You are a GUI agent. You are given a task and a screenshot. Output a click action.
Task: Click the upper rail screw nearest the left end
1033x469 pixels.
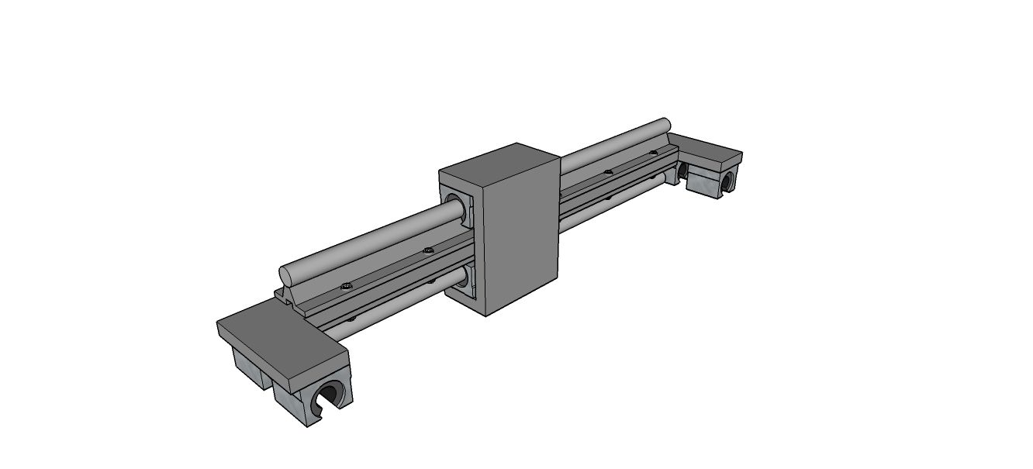point(346,286)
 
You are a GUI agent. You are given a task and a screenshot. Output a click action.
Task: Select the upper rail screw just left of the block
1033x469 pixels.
point(427,250)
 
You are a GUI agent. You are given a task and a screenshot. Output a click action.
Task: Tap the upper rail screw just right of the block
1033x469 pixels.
point(608,172)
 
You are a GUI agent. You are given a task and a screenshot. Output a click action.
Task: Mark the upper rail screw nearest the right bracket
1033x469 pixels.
point(653,153)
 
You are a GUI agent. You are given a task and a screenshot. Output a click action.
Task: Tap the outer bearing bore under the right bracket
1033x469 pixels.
point(727,181)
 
